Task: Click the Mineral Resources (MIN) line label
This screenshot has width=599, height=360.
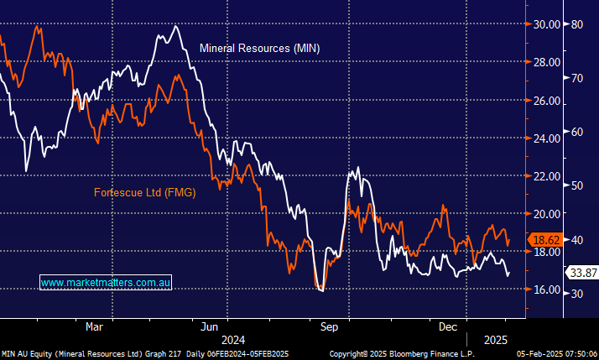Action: [x=259, y=49]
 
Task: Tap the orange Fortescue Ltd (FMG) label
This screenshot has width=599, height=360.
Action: [x=144, y=193]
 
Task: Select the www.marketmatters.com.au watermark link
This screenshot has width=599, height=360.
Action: [x=106, y=284]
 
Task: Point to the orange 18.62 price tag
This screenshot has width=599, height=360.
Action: [x=544, y=240]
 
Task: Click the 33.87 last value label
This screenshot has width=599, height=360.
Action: [x=582, y=273]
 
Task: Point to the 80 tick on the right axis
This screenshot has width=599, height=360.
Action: [x=577, y=24]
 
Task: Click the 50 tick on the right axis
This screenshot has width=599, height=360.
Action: [x=577, y=185]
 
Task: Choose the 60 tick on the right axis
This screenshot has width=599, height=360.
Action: [x=577, y=132]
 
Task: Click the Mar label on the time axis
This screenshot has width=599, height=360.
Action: [x=94, y=326]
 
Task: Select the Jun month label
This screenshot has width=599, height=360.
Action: [x=210, y=326]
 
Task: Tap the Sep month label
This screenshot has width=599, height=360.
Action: [x=329, y=326]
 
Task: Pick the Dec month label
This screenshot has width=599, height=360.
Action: [x=447, y=326]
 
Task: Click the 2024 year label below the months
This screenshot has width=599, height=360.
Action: [x=232, y=340]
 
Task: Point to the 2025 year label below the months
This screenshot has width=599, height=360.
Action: [x=495, y=340]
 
